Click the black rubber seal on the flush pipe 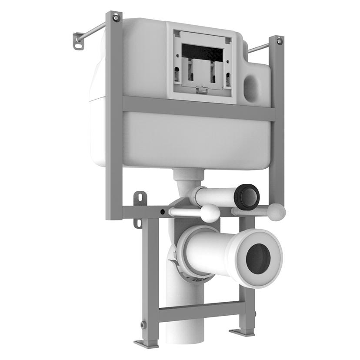(x=247, y=196)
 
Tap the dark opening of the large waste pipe (x=258, y=258)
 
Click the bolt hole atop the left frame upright (x=116, y=18)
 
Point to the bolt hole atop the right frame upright (x=279, y=42)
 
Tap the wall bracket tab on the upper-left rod (x=78, y=40)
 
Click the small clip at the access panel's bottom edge (x=201, y=90)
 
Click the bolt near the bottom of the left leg (x=144, y=324)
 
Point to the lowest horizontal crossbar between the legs (x=200, y=311)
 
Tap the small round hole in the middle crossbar (x=162, y=212)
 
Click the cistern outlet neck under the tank (x=188, y=177)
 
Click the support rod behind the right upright (x=259, y=47)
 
